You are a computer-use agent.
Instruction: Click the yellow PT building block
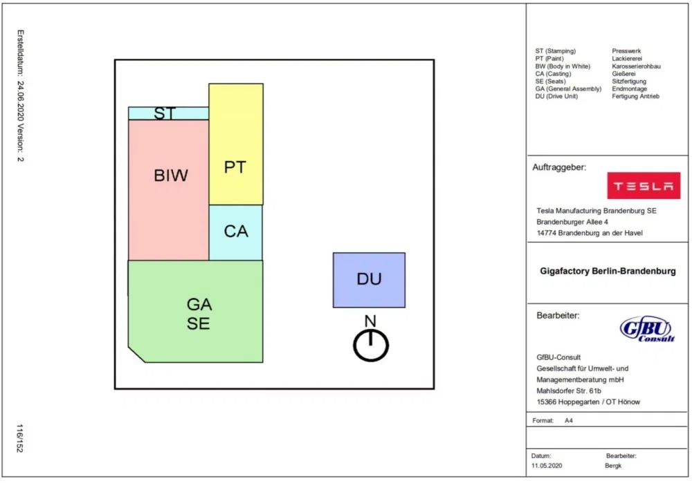[x=236, y=144]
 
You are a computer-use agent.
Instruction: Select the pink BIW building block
[x=168, y=190]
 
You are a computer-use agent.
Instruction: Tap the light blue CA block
[x=236, y=232]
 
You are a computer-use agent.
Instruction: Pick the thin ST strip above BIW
[x=168, y=113]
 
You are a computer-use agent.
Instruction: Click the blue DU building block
[x=369, y=280]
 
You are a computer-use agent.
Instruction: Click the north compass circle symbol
[x=371, y=345]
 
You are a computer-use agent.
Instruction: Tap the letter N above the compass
[x=370, y=321]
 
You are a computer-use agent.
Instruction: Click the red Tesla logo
[x=644, y=185]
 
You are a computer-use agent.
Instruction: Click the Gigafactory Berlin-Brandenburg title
[x=607, y=272]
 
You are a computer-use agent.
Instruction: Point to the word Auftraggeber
[x=559, y=167]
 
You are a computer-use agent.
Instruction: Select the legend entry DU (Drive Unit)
[x=557, y=97]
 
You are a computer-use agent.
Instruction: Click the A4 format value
[x=569, y=420]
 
